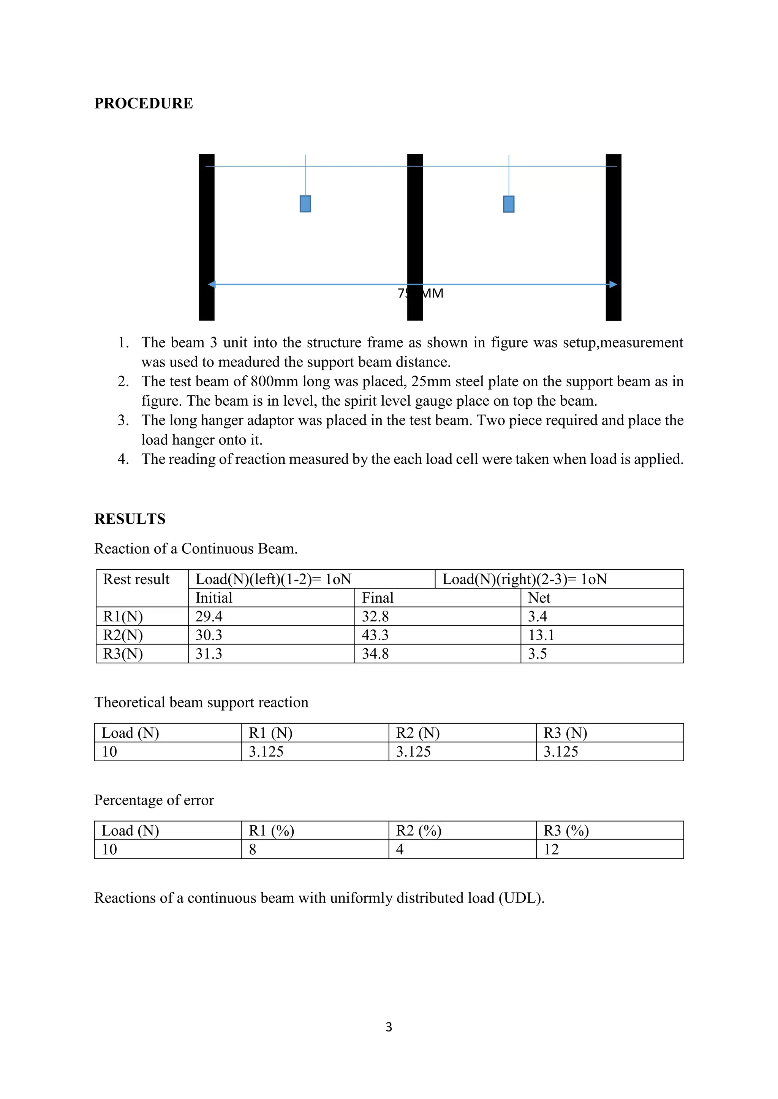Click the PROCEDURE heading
[x=143, y=103]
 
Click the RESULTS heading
[x=130, y=519]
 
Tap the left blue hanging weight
[x=305, y=204]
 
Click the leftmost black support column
[x=207, y=237]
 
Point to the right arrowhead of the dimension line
[x=613, y=284]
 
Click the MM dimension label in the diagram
[x=433, y=293]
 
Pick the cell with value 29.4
[x=209, y=617]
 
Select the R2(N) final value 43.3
[x=375, y=635]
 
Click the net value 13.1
[x=541, y=635]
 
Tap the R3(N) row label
[x=123, y=654]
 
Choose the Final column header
[x=378, y=598]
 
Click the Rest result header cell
[x=136, y=579]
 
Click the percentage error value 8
[x=253, y=849]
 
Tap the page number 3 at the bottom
[x=389, y=1027]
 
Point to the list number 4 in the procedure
[x=123, y=459]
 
